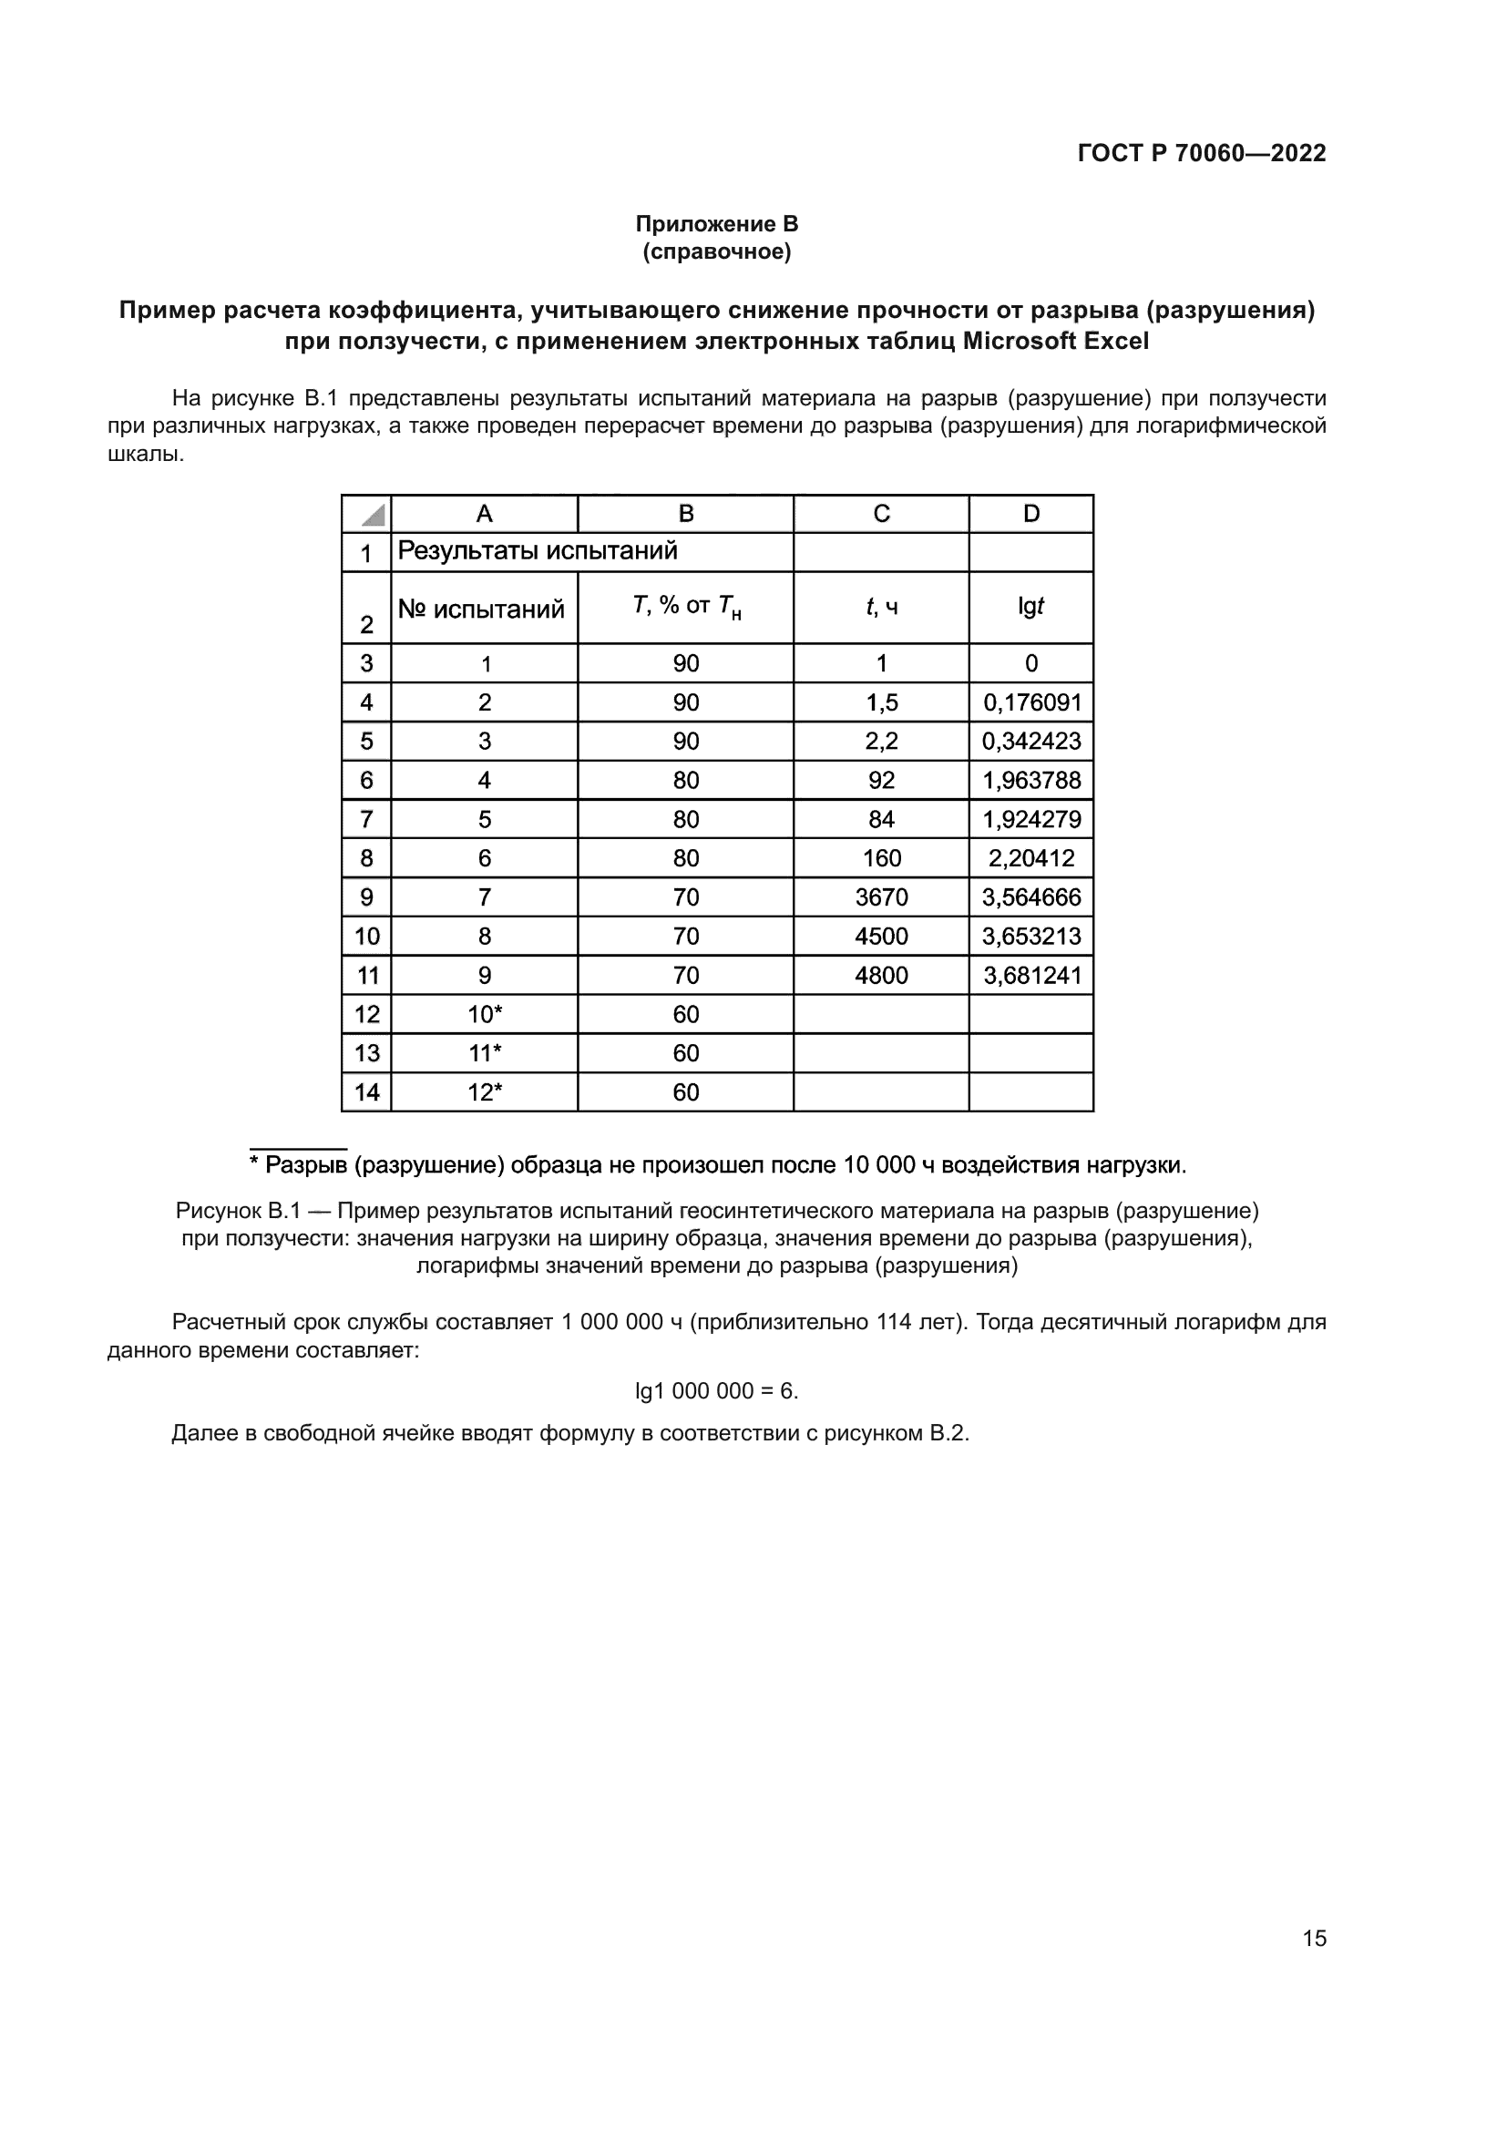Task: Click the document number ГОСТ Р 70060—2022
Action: point(1201,153)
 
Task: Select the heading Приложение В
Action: point(716,224)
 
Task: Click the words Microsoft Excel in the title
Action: point(1055,341)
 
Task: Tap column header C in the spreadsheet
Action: point(881,514)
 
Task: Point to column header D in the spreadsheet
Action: point(1031,514)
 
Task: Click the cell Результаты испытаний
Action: point(538,551)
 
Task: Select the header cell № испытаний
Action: point(482,609)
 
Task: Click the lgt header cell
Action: point(1031,607)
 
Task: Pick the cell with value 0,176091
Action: point(1032,702)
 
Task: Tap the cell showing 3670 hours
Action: point(881,897)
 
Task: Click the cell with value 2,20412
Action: point(1031,858)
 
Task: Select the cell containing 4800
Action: point(881,976)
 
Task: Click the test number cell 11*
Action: point(485,1053)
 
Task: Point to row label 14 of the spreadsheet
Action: point(366,1092)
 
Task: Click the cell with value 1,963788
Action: point(1032,781)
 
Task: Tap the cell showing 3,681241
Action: point(1032,976)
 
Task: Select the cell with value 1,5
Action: point(881,702)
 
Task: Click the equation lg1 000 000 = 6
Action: point(716,1391)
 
